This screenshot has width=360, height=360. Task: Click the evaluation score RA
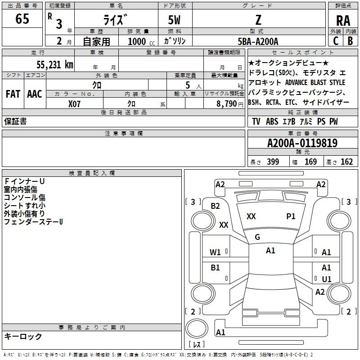[343, 21]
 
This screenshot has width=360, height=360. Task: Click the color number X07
[75, 103]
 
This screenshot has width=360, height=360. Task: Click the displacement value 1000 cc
[140, 41]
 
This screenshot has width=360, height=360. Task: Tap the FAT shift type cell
[13, 94]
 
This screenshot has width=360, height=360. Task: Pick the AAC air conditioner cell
[35, 94]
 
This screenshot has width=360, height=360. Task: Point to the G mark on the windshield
[257, 237]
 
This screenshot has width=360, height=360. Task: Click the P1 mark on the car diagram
[291, 216]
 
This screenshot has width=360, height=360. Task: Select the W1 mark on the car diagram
[216, 252]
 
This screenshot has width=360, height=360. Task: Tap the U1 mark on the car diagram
[326, 279]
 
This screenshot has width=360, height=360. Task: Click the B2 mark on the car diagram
[216, 206]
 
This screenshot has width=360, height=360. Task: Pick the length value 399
[273, 162]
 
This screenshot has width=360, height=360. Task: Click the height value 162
[346, 162]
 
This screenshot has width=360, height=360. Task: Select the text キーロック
[23, 336]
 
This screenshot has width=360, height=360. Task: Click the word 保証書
[15, 121]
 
